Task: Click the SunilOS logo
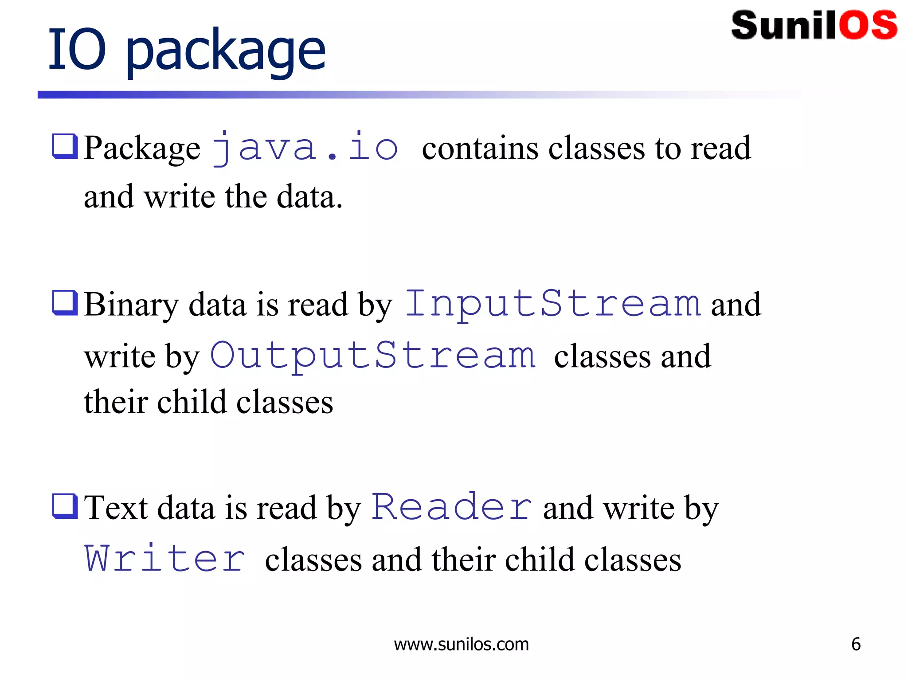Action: coord(814,25)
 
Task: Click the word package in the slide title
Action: coord(226,51)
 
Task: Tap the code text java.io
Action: coord(305,148)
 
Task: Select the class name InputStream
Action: coord(553,304)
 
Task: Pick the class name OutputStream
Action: coord(373,356)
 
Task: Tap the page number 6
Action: coord(856,644)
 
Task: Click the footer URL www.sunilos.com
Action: coord(461,644)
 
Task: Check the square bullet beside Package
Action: coord(65,146)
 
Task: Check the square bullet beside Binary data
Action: coord(65,302)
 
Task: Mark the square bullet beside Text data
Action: coord(65,505)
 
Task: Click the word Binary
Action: coord(131,305)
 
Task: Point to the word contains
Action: coord(480,148)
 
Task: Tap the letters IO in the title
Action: coord(77,49)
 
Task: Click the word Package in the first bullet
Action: coord(142,149)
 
